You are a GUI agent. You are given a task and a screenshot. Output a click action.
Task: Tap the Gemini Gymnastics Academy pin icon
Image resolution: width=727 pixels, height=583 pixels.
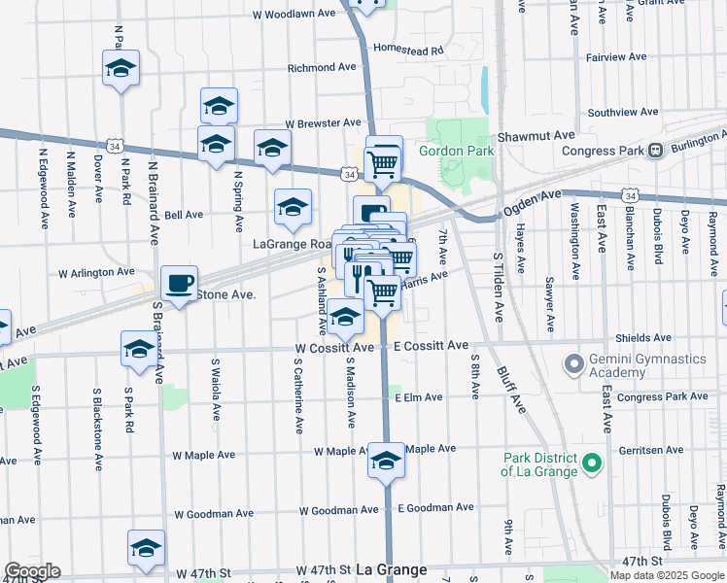(575, 365)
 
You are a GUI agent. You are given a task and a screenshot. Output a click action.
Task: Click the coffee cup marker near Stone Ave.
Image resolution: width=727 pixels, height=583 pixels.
(178, 283)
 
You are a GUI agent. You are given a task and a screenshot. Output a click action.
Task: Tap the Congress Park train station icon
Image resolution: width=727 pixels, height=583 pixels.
(656, 151)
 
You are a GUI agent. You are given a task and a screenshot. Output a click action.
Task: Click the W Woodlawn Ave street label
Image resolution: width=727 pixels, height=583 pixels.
(294, 15)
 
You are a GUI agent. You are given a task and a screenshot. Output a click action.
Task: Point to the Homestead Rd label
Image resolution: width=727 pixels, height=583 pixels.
(408, 49)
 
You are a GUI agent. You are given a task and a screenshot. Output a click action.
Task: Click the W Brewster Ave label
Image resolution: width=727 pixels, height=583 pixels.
(323, 123)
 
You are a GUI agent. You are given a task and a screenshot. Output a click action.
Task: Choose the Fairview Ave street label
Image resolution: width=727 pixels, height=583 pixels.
(616, 57)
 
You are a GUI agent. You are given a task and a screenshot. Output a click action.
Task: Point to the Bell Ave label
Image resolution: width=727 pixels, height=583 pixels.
(184, 215)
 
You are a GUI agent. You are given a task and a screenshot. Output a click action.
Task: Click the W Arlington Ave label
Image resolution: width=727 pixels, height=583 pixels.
(96, 273)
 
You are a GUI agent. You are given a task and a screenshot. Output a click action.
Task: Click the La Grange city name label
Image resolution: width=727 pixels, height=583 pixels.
(392, 569)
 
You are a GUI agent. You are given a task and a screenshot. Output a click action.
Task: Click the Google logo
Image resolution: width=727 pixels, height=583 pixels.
(32, 571)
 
